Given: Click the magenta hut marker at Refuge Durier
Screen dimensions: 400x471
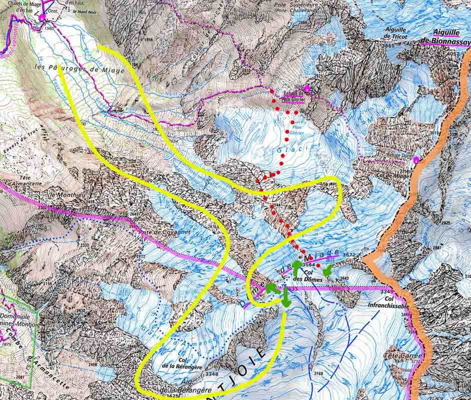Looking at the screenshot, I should tap(415, 160).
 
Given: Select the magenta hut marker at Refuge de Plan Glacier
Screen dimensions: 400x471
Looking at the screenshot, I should tap(307, 89).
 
